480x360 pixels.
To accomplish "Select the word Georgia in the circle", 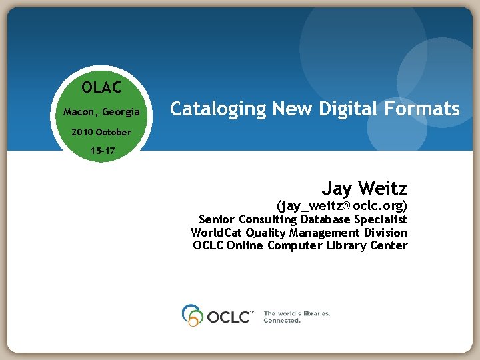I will point(121,112).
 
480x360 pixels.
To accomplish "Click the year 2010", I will point(83,132).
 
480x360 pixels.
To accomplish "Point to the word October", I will point(113,132).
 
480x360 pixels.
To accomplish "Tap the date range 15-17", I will point(103,151).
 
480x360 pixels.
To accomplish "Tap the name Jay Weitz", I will point(365,188).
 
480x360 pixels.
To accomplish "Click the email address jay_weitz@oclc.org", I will point(342,205).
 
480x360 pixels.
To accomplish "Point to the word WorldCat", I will point(216,233).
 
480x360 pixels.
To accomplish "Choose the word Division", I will point(385,233).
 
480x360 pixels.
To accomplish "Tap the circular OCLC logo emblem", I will point(192,315).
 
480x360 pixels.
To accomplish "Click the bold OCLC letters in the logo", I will point(228,316).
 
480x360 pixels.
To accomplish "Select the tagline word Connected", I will point(282,321).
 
